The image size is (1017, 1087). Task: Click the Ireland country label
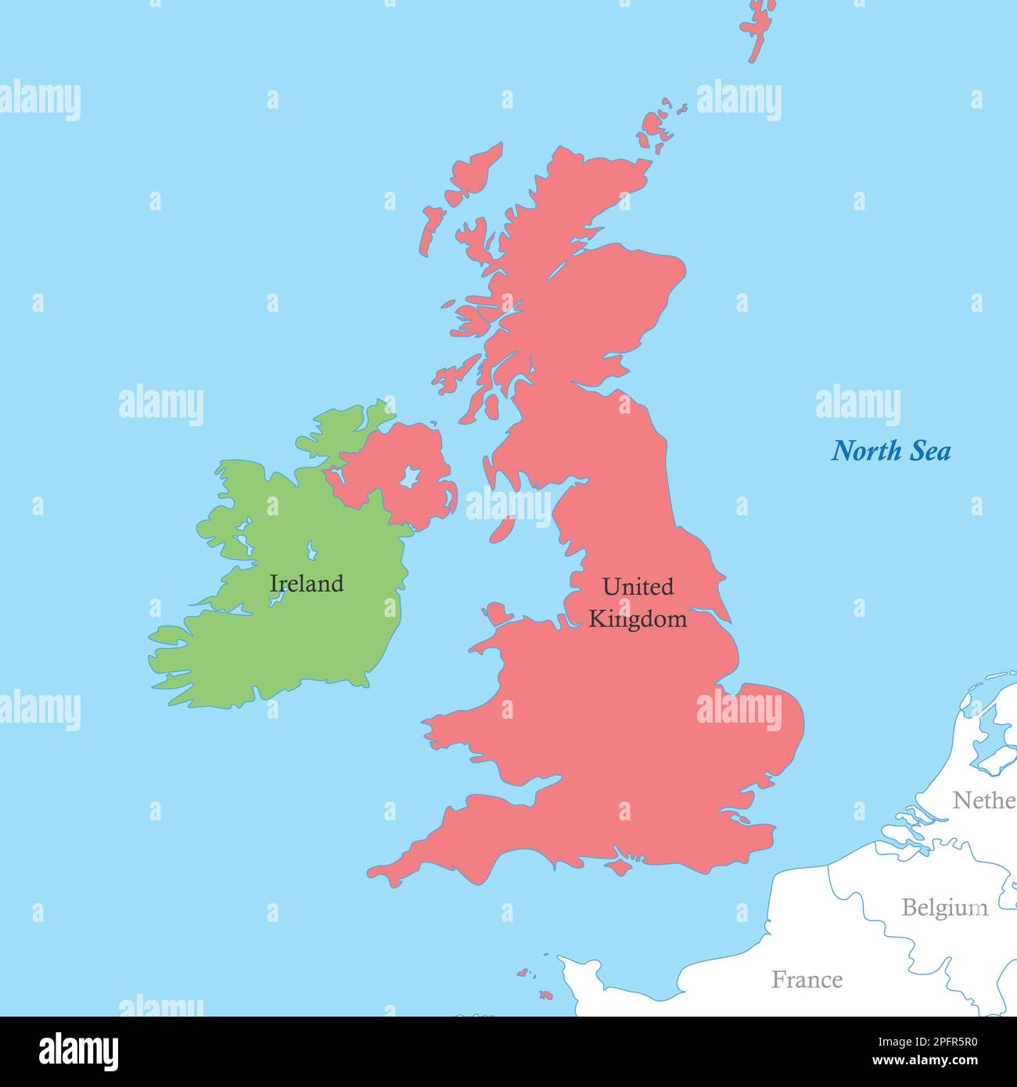click(306, 583)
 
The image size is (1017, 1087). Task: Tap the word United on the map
click(638, 587)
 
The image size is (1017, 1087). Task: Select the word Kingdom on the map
click(638, 619)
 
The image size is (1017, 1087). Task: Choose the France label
click(807, 980)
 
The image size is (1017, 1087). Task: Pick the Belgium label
click(944, 908)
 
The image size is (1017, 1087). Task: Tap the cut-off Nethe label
click(983, 801)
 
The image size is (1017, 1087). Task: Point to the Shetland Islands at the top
click(758, 27)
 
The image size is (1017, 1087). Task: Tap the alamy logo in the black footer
click(78, 1051)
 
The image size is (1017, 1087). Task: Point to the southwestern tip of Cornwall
click(376, 871)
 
